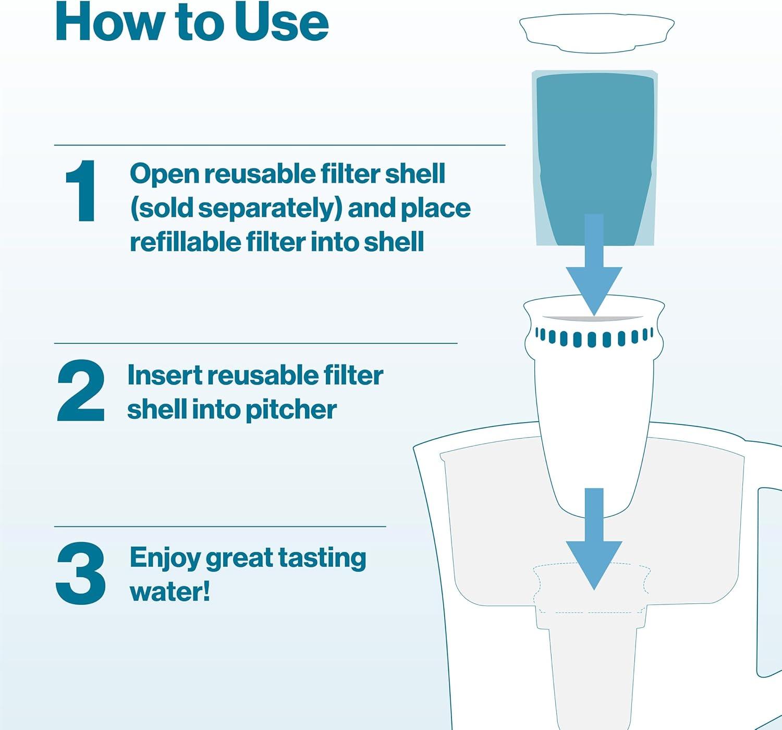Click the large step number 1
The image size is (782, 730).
click(81, 191)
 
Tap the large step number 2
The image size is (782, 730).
click(81, 391)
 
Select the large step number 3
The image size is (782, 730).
click(81, 574)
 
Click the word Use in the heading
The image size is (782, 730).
click(281, 22)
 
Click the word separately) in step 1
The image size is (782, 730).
click(270, 209)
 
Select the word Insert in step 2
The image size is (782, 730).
click(165, 375)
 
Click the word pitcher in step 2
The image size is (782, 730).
click(291, 410)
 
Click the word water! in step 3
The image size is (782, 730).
click(170, 591)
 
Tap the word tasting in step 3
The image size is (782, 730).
click(322, 559)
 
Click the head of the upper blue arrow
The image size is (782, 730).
click(594, 289)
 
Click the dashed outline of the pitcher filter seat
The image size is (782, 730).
click(591, 588)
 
